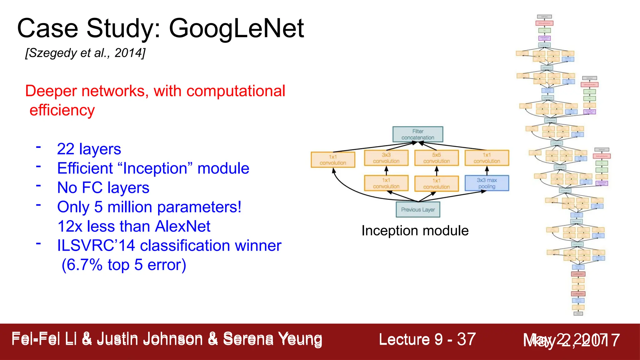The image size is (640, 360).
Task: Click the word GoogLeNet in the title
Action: tap(236, 29)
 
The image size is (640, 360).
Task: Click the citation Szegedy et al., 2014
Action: tap(85, 53)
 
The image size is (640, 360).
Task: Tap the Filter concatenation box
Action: tap(417, 134)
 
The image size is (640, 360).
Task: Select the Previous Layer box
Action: tap(418, 210)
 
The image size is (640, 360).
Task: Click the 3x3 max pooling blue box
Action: tap(487, 183)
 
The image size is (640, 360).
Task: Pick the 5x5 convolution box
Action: tap(437, 158)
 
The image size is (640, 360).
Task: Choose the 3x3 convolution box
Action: tap(386, 158)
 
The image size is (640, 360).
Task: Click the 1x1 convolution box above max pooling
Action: tap(487, 158)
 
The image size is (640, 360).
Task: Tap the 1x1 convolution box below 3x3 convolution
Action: tap(386, 183)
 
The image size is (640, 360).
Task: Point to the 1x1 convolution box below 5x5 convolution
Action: tap(437, 184)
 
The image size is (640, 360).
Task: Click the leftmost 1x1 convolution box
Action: tap(333, 160)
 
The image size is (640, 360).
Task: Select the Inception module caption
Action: tap(415, 231)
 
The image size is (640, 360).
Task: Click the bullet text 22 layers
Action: tap(89, 149)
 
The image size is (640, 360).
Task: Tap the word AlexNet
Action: tap(182, 226)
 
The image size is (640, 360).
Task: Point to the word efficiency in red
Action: tap(62, 110)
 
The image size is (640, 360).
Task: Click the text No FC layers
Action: tap(103, 188)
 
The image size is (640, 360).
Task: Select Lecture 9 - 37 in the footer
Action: tap(427, 339)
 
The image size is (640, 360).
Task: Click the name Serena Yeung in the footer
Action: tap(272, 339)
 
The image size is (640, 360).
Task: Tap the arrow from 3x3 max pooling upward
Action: tap(487, 171)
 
